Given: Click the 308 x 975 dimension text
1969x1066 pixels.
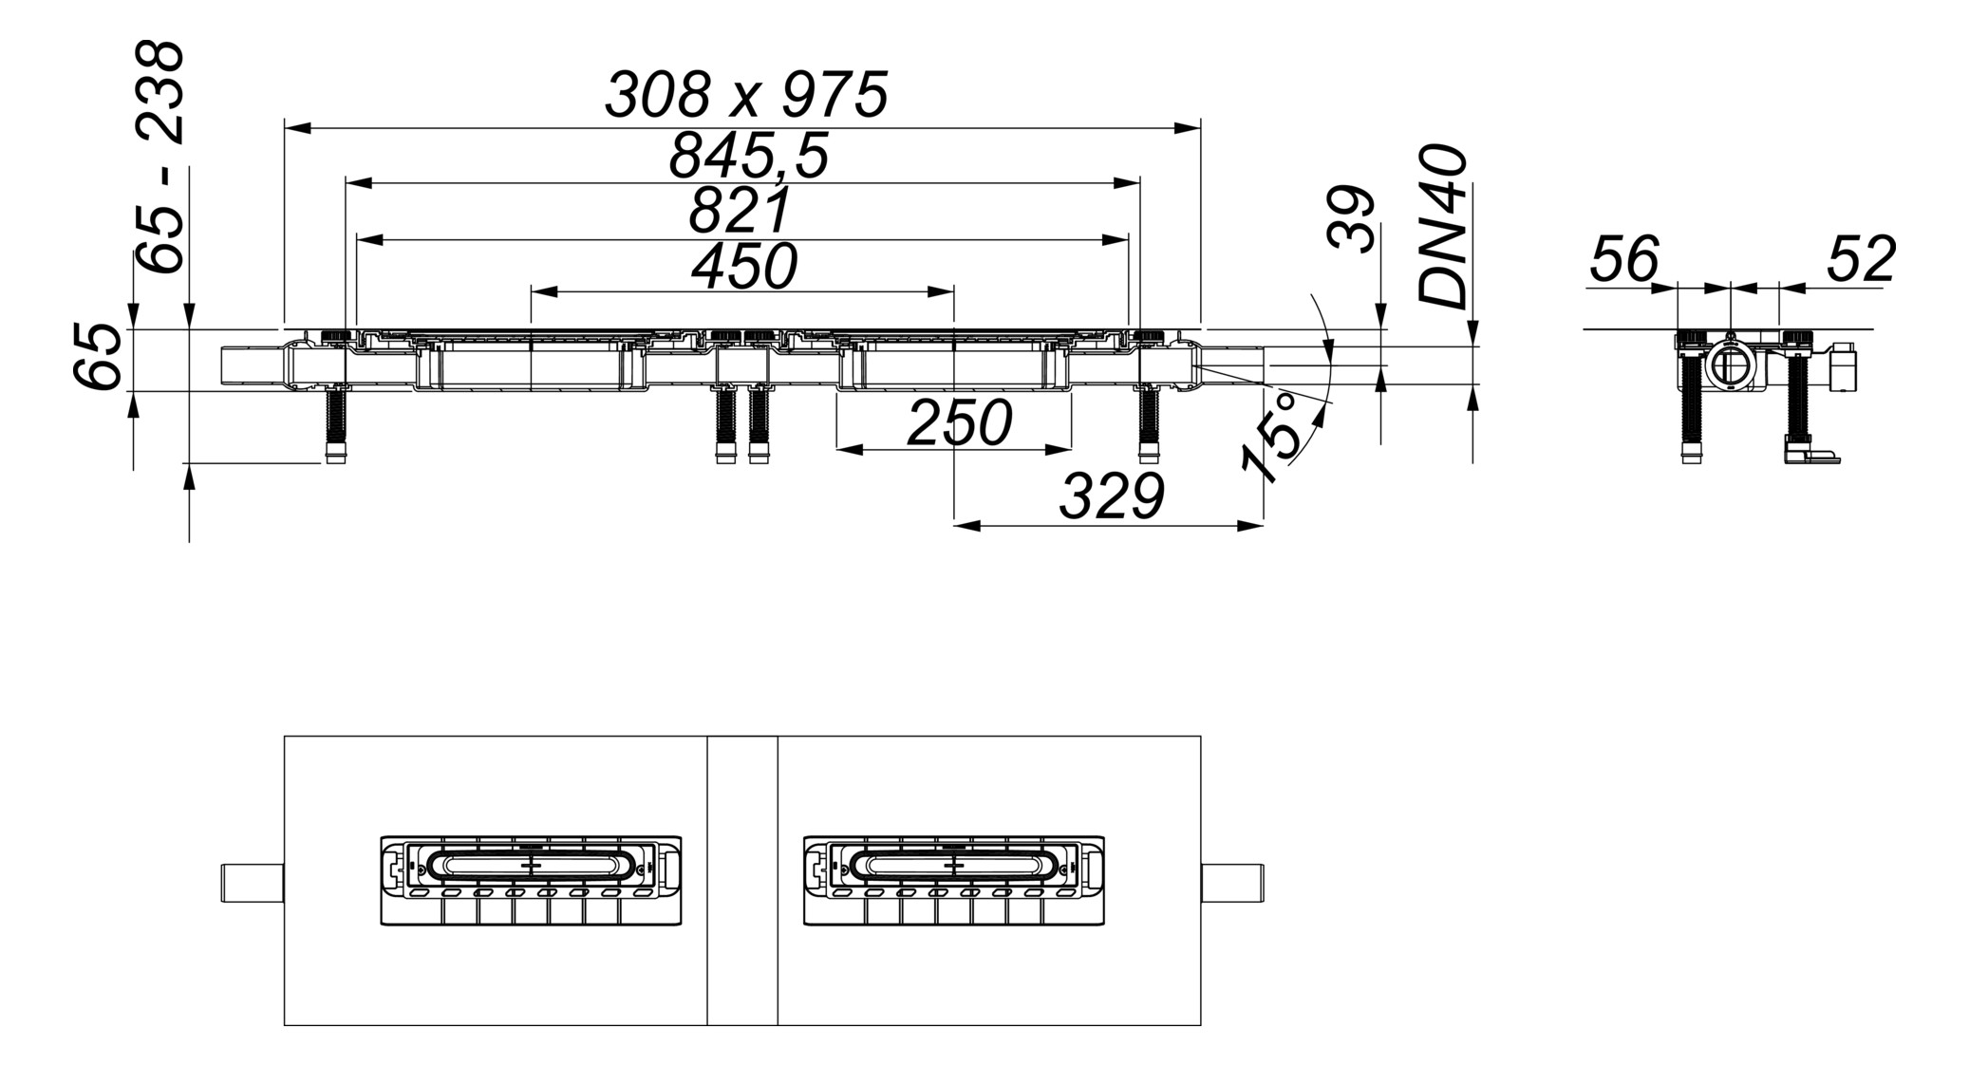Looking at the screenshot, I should pos(746,95).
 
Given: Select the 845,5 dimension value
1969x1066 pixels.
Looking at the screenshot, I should pos(748,157).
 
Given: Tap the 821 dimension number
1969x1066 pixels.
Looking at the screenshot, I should pos(739,211).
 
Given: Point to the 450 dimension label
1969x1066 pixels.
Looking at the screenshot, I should pos(743,267).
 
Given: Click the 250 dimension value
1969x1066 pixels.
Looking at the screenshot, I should pos(959,423).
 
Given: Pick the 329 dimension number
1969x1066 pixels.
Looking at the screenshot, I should pos(1111,496).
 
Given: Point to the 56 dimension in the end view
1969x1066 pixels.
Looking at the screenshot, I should pos(1623,259).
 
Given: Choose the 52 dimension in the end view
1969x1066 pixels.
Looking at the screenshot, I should pos(1860,259).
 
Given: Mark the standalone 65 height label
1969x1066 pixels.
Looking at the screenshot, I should pos(98,357).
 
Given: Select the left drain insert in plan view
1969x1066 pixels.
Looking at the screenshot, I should pos(531,880).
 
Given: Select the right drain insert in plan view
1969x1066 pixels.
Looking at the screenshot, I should pos(953,880).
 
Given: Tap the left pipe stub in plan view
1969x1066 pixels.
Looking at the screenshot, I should pos(253,883).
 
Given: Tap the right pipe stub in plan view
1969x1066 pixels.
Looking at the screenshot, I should pos(1232,883).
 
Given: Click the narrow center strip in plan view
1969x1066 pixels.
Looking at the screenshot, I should pos(742,880).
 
